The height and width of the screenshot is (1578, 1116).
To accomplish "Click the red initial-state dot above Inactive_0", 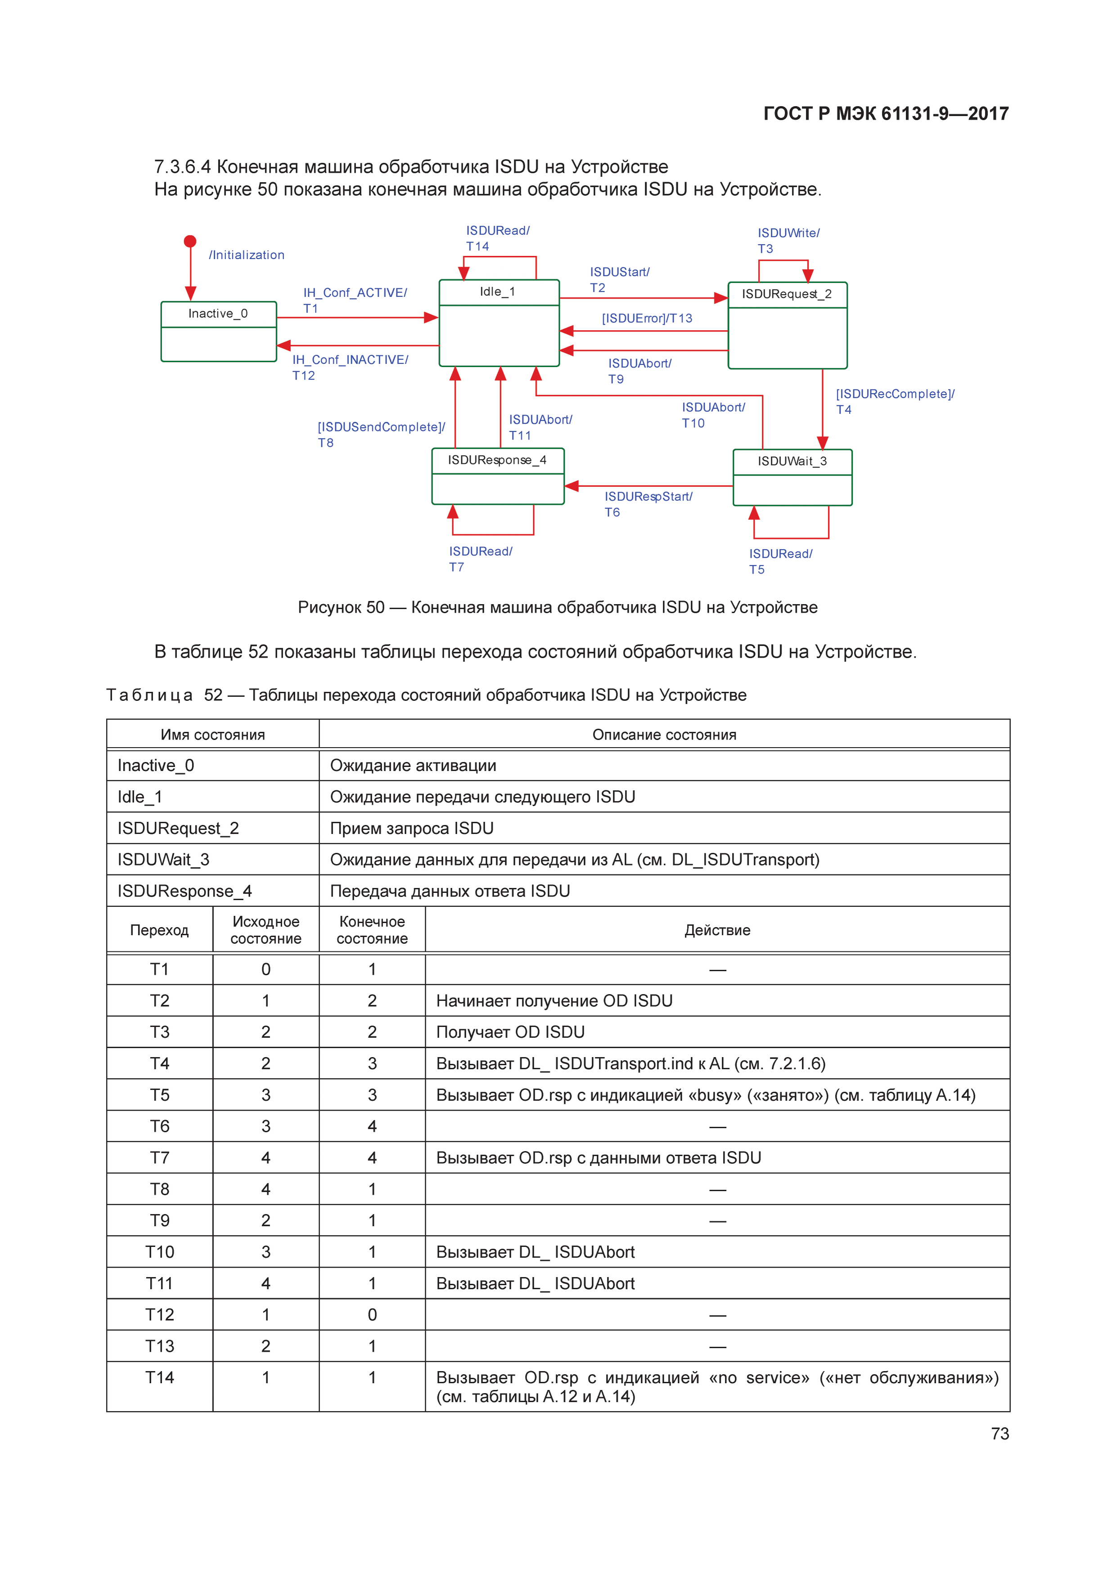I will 190,241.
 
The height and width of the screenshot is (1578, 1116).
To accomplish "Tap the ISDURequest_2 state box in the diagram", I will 787,325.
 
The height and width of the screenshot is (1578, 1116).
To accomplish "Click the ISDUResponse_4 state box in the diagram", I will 498,476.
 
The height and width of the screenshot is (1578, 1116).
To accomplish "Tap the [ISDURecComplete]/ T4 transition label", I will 895,401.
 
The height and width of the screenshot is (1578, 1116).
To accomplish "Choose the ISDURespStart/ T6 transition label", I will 648,504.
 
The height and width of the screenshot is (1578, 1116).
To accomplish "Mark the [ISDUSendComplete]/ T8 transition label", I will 381,435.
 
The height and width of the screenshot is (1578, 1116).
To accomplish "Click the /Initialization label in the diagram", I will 246,255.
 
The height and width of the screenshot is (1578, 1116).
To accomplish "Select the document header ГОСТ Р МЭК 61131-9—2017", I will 886,113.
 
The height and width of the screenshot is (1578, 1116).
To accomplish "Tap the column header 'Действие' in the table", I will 717,930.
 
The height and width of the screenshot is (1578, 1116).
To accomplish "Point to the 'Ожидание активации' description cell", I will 413,766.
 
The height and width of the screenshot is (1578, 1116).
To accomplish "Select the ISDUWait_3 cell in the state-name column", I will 164,860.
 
